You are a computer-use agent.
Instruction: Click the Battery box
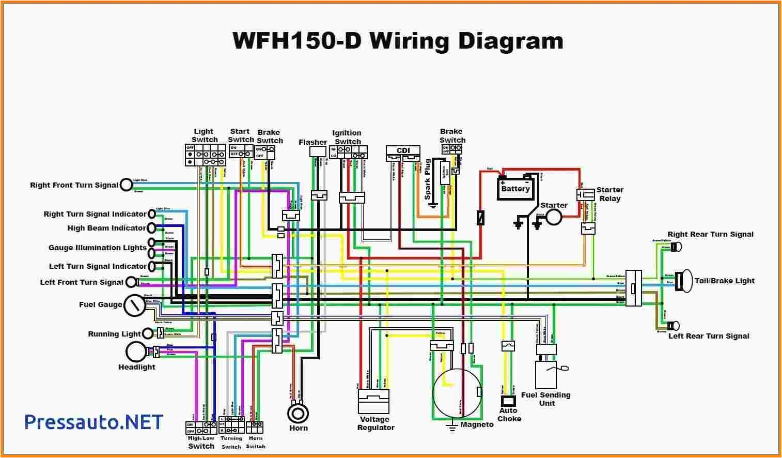pyautogui.click(x=515, y=188)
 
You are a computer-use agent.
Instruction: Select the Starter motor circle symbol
pyautogui.click(x=554, y=218)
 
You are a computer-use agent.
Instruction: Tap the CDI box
pyautogui.click(x=403, y=150)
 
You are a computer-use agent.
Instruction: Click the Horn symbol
pyautogui.click(x=298, y=413)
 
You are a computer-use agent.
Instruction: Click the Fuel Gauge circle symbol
pyautogui.click(x=135, y=305)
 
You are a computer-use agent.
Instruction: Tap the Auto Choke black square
pyautogui.click(x=509, y=401)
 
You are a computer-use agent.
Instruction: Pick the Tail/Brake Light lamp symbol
pyautogui.click(x=685, y=281)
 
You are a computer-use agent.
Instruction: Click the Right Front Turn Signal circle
pyautogui.click(x=127, y=185)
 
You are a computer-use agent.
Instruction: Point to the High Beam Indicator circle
pyautogui.click(x=151, y=228)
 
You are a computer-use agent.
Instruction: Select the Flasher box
pyautogui.click(x=318, y=151)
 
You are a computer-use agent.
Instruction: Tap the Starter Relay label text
pyautogui.click(x=609, y=194)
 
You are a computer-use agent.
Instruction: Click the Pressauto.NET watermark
pyautogui.click(x=94, y=422)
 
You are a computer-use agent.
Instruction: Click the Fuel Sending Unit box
pyautogui.click(x=546, y=374)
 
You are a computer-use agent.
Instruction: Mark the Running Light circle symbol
pyautogui.click(x=148, y=334)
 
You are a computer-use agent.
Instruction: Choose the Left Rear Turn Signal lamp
pyautogui.click(x=673, y=326)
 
